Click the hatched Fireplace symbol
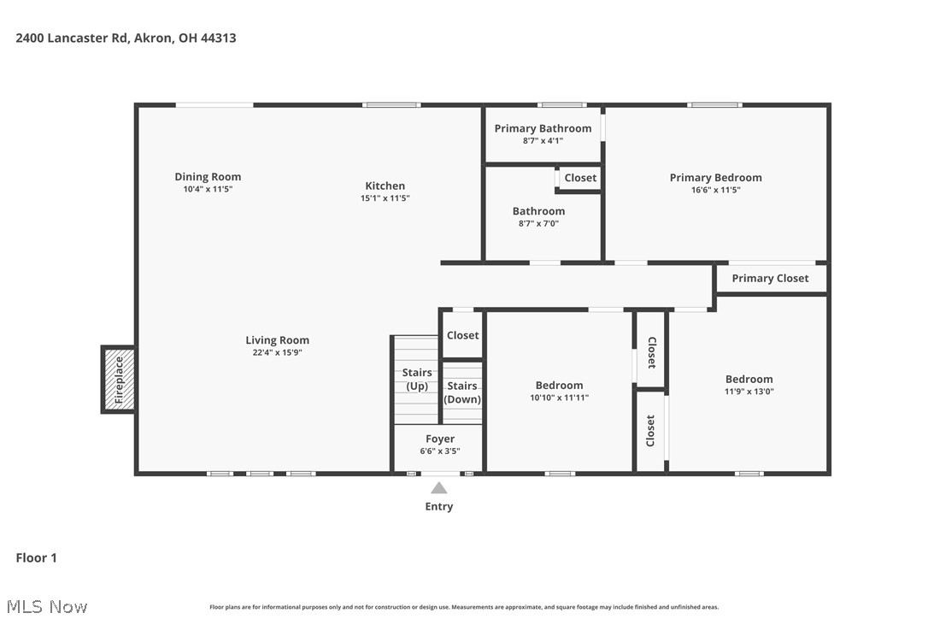click(x=119, y=380)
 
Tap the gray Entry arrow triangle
click(x=438, y=488)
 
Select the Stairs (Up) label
click(x=417, y=380)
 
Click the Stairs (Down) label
click(x=462, y=392)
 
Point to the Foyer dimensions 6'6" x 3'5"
click(x=439, y=451)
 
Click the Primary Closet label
click(x=770, y=278)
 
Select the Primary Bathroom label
click(x=543, y=128)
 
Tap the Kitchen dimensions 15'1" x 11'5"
click(x=385, y=198)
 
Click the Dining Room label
click(x=208, y=177)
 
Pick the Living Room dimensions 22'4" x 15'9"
click(x=277, y=352)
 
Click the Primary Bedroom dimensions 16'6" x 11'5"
click(x=715, y=190)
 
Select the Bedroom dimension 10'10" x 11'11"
click(x=559, y=398)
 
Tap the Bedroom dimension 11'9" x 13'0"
click(x=749, y=392)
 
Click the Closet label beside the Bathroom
click(x=580, y=178)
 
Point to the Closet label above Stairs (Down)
click(x=462, y=335)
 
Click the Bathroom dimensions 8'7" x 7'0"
click(x=538, y=224)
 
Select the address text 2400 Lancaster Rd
click(x=73, y=38)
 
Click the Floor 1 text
click(x=36, y=557)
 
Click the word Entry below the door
click(x=438, y=506)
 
